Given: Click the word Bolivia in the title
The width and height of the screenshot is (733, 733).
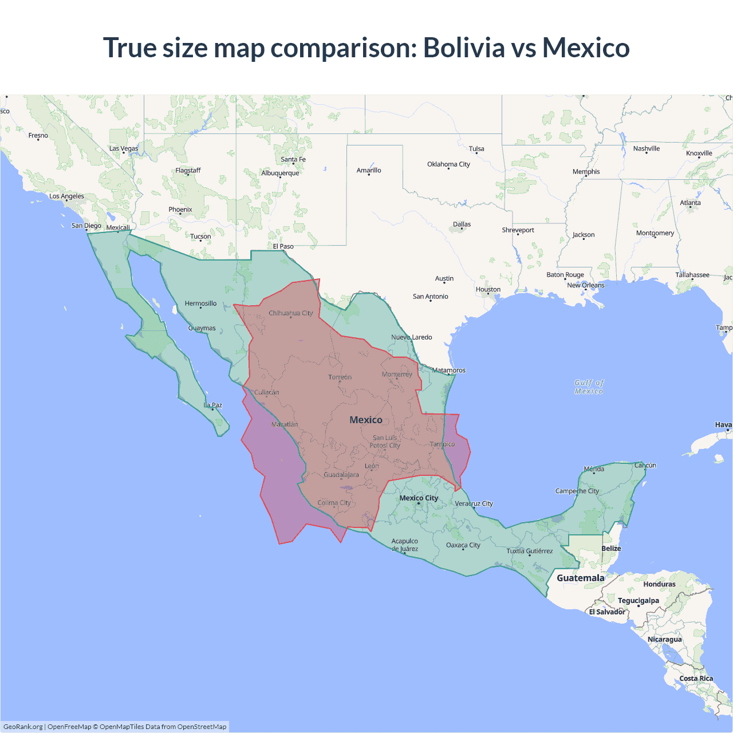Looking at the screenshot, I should tap(463, 48).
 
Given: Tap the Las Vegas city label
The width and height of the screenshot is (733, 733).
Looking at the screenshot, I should tap(124, 148).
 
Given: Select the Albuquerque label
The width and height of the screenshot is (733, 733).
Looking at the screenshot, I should tap(280, 173).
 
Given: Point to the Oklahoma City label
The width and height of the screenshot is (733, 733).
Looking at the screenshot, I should tap(448, 164).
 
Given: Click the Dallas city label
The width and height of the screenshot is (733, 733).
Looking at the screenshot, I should tap(462, 224).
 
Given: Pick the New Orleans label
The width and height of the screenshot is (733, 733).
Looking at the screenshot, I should tap(585, 285).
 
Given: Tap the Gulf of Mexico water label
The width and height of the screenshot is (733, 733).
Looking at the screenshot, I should tap(589, 387).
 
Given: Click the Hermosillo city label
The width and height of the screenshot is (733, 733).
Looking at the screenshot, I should tap(200, 304).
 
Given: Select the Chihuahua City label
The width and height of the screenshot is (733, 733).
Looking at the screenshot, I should tap(291, 313).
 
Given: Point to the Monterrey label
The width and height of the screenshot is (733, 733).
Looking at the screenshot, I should tap(397, 375).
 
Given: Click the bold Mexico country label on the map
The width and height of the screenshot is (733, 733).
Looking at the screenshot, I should tap(366, 420).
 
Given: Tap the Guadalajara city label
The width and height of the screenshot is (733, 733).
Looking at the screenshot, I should tap(341, 475).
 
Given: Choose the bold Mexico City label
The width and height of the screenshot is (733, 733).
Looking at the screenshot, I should tap(419, 498).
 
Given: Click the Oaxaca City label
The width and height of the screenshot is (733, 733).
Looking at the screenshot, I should tap(463, 545).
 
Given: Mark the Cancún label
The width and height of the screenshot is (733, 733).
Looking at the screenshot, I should tap(645, 466).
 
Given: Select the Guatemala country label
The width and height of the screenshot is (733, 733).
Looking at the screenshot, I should tap(580, 578).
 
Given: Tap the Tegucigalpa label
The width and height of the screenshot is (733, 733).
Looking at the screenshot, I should tap(638, 601).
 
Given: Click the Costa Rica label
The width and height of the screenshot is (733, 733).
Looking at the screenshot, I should tap(696, 679).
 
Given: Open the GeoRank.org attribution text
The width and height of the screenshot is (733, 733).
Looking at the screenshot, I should tap(23, 727).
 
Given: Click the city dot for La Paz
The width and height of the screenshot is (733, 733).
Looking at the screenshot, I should tap(212, 409).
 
